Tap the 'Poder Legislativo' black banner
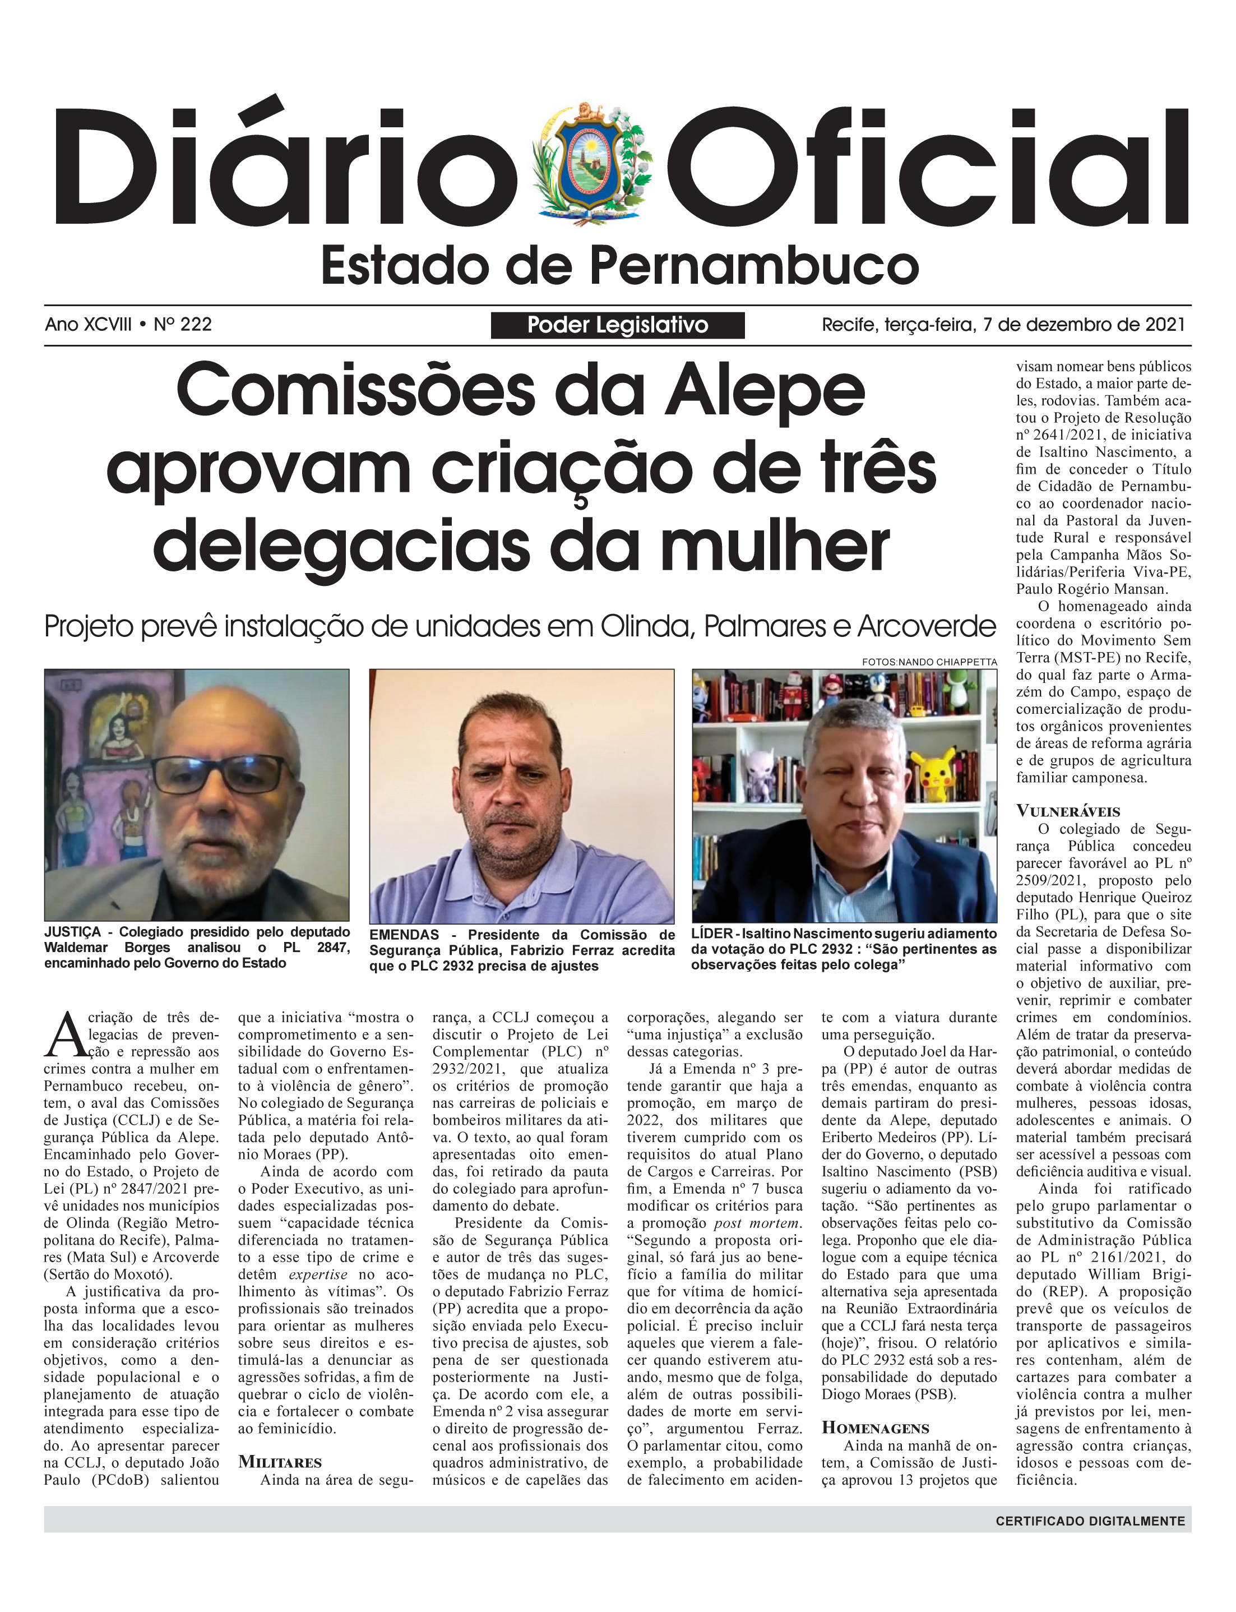click(617, 325)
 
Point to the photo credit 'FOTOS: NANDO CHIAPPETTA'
click(929, 662)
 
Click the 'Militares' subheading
click(280, 1462)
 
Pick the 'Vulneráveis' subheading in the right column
click(1068, 811)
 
